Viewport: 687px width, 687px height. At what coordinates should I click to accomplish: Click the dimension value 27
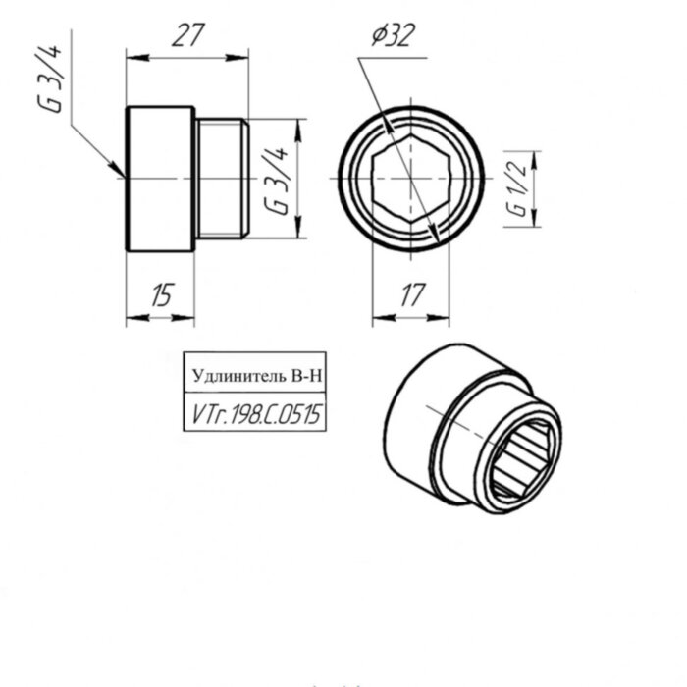(x=188, y=35)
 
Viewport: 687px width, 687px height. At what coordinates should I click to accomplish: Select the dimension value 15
(x=163, y=294)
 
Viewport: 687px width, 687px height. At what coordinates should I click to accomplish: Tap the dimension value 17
(x=413, y=294)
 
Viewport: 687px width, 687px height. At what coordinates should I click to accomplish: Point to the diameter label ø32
(x=393, y=35)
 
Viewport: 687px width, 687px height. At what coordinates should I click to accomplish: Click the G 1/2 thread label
(x=517, y=188)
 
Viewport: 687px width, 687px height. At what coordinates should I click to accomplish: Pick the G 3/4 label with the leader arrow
(x=49, y=79)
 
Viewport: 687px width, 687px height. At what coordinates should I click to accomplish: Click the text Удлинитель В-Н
(x=257, y=376)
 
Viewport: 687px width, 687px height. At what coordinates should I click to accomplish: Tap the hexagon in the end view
(x=410, y=179)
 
